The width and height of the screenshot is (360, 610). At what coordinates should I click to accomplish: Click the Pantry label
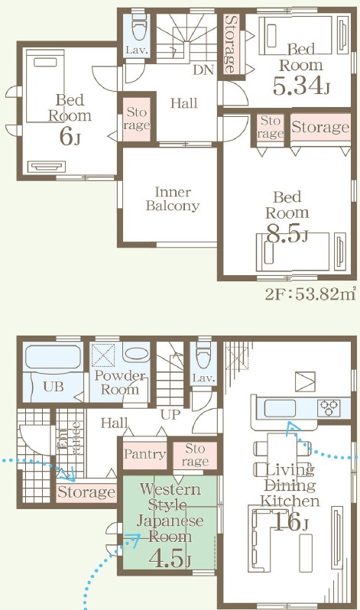[x=144, y=454]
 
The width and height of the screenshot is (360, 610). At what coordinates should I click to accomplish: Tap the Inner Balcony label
[x=173, y=199]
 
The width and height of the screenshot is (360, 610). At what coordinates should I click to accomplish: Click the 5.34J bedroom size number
[x=301, y=85]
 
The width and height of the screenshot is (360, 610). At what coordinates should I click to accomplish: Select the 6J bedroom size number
[x=70, y=136]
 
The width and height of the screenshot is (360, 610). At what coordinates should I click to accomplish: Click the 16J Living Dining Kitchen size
[x=290, y=521]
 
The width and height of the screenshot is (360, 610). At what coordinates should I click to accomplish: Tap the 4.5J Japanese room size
[x=170, y=557]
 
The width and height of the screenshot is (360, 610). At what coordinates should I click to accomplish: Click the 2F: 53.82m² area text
[x=310, y=294]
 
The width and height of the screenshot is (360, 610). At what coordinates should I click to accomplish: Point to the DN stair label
[x=203, y=70]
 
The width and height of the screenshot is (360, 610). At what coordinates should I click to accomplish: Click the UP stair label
[x=170, y=415]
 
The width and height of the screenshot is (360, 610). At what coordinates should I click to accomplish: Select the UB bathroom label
[x=54, y=387]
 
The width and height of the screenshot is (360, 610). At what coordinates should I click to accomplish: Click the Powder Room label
[x=119, y=382]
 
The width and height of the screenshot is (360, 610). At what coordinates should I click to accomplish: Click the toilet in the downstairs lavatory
[x=203, y=357]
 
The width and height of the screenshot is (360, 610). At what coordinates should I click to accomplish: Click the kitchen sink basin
[x=280, y=408]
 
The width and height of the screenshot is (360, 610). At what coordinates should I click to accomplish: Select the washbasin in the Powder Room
[x=136, y=353]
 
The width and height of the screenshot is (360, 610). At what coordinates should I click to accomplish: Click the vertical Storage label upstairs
[x=230, y=44]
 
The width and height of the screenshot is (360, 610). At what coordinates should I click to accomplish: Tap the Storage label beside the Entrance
[x=86, y=492]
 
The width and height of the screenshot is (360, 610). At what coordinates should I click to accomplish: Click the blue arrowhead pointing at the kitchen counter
[x=293, y=428]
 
